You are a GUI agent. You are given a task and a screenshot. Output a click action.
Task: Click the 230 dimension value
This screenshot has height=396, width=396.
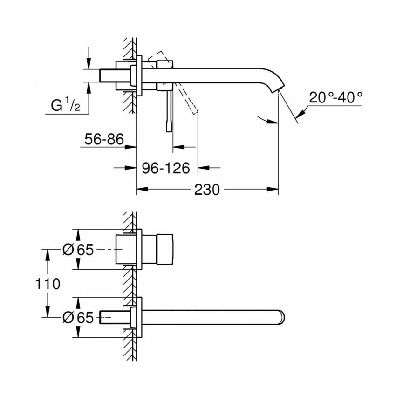point(206,190)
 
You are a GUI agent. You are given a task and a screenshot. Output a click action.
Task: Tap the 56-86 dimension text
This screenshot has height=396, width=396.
point(104,138)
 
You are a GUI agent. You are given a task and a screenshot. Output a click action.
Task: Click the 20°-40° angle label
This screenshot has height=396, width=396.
point(335,97)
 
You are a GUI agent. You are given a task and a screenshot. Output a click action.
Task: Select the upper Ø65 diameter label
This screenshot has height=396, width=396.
point(78,250)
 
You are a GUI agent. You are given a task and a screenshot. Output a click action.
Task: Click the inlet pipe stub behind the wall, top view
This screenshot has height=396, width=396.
point(112,75)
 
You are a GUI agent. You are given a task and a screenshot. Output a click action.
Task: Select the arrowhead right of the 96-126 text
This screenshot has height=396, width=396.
point(204,167)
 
